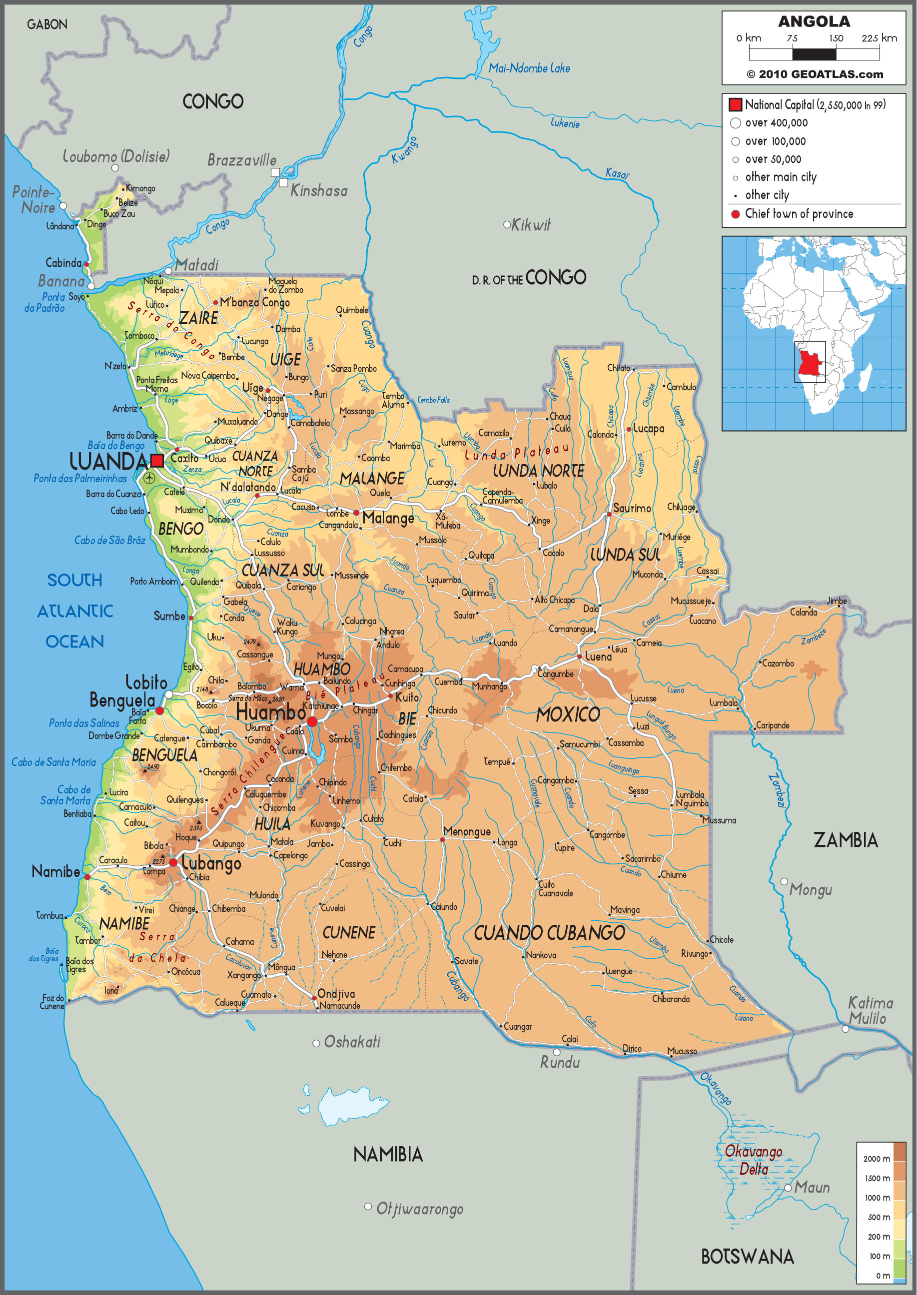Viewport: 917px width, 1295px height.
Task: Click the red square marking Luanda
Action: pyautogui.click(x=157, y=460)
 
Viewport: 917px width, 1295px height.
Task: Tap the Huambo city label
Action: pyautogui.click(x=270, y=712)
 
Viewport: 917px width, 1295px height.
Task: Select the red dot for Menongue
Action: pyautogui.click(x=442, y=839)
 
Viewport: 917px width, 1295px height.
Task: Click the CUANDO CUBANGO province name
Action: pyautogui.click(x=549, y=933)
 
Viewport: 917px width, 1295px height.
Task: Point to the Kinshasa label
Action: pyautogui.click(x=319, y=191)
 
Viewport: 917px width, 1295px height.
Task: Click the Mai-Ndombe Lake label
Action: pyautogui.click(x=529, y=68)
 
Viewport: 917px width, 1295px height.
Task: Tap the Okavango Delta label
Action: pyautogui.click(x=753, y=1160)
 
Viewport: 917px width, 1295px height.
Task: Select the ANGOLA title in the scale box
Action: pyautogui.click(x=814, y=21)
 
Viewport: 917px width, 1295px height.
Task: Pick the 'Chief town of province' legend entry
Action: pyautogui.click(x=799, y=214)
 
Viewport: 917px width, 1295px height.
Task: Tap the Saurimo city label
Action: pyautogui.click(x=632, y=508)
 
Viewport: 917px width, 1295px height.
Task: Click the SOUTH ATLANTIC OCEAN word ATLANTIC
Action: pyautogui.click(x=75, y=611)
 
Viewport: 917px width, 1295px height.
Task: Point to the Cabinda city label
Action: pyautogui.click(x=63, y=262)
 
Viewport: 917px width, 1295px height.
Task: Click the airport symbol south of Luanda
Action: pyautogui.click(x=149, y=478)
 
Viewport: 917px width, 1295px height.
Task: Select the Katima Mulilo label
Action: pyautogui.click(x=870, y=1011)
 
